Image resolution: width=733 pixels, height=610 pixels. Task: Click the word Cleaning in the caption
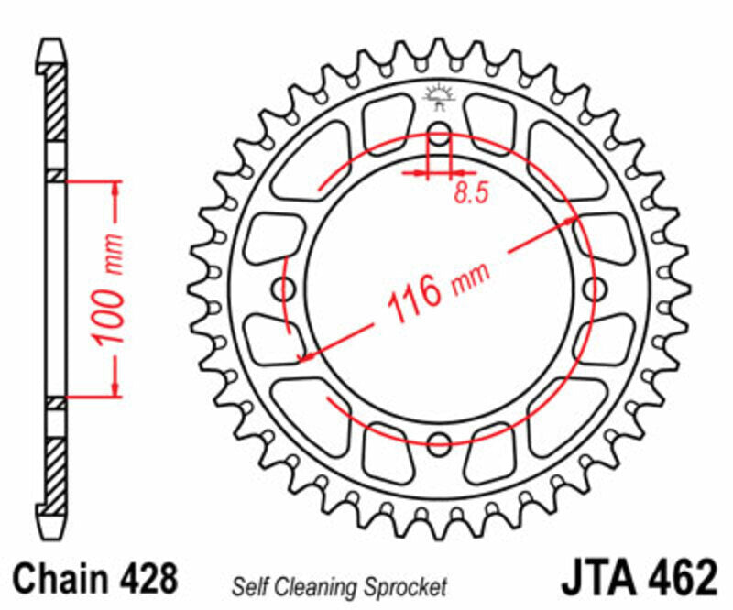tap(312, 585)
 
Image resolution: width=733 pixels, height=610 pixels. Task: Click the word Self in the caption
tap(249, 585)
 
